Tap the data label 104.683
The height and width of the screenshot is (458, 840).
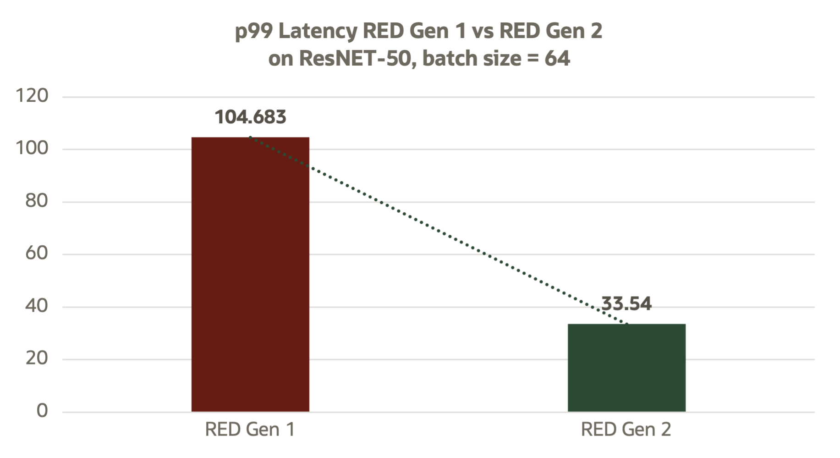point(251,117)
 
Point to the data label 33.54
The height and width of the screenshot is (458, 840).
point(626,304)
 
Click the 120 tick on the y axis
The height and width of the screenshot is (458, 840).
point(32,96)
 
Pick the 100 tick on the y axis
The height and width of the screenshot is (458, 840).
point(32,149)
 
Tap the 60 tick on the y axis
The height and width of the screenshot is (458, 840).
point(37,253)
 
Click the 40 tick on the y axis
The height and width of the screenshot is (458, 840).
point(37,306)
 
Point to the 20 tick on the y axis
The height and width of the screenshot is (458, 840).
point(37,358)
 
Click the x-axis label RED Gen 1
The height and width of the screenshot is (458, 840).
point(250,430)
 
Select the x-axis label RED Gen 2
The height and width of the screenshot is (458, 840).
point(626,430)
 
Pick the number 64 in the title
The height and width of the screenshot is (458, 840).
point(557,59)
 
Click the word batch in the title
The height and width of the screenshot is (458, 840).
point(445,59)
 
